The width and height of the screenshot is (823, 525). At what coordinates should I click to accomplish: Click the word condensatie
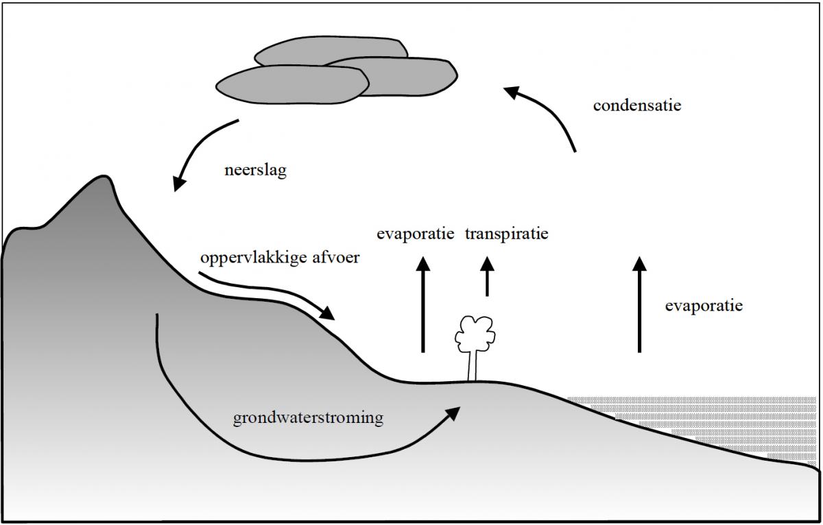coord(637,106)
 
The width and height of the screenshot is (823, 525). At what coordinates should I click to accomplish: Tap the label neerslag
coord(255,170)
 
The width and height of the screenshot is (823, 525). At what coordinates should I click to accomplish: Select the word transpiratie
coord(507,234)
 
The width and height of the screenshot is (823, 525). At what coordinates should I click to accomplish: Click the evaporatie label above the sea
coord(704,306)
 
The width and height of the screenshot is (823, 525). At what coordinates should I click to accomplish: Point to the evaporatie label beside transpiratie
coord(416,234)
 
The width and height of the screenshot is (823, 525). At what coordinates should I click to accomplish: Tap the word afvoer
coord(336,260)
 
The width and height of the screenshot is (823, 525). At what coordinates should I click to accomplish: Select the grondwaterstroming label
coord(308,418)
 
